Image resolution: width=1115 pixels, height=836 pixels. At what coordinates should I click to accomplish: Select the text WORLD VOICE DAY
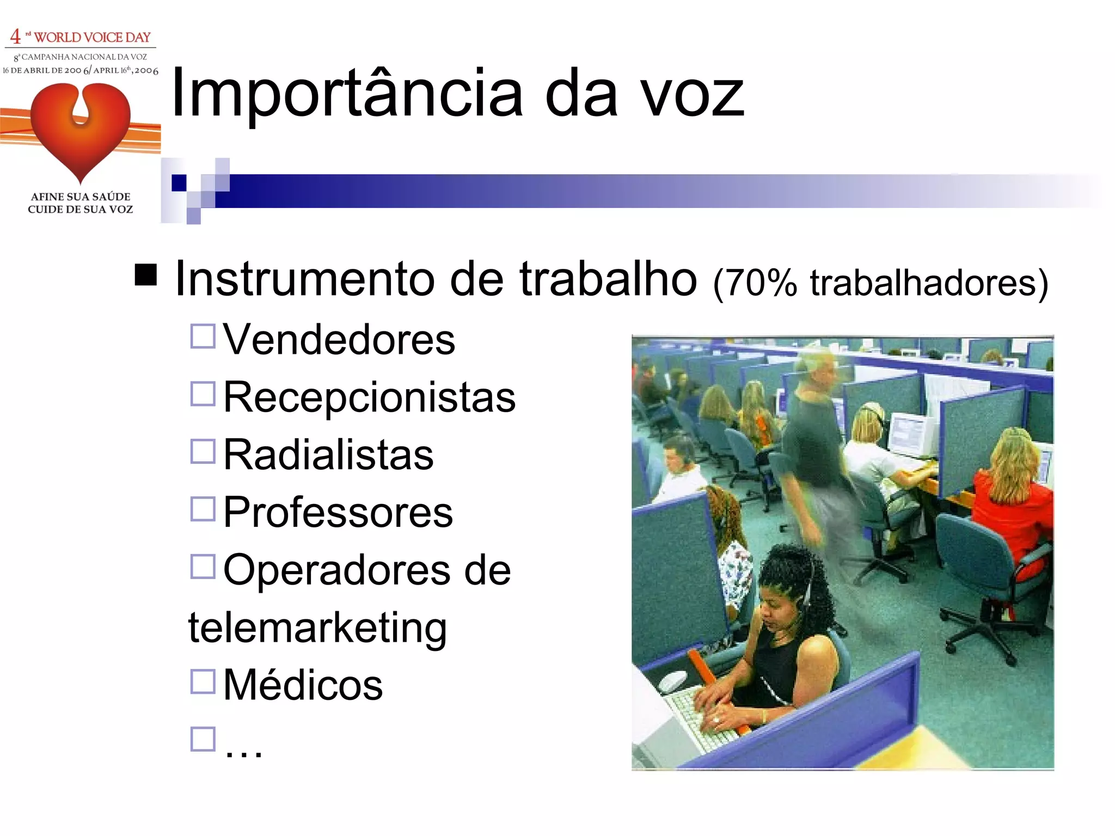92,37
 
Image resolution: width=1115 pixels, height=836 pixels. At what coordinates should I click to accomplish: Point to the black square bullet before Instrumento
145,275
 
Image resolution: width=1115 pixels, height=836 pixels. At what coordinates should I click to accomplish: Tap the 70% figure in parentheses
761,283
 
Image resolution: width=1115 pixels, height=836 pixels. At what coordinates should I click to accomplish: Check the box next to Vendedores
203,336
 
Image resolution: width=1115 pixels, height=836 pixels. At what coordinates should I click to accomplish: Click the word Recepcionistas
369,397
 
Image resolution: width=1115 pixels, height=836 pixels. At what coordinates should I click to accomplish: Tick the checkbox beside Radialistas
203,451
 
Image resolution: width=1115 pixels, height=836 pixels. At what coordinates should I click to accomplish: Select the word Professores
338,513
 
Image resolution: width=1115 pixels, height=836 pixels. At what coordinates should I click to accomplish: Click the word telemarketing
317,628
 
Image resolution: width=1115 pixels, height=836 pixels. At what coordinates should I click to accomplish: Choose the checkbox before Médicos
203,681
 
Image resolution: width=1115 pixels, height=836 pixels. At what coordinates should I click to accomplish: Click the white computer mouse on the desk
673,681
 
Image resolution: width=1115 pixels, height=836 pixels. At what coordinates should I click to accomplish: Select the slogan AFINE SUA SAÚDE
81,196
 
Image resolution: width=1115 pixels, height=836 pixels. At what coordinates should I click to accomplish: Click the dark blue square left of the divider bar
179,183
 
